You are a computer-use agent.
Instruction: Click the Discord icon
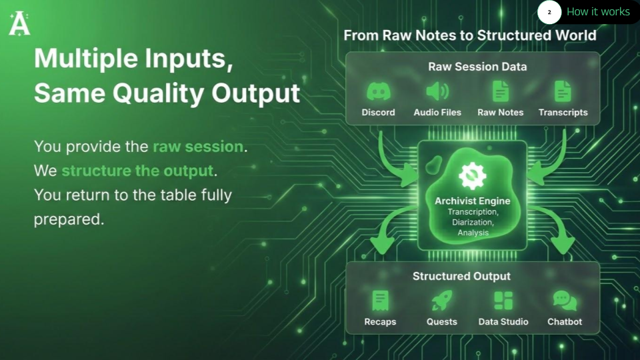click(379, 91)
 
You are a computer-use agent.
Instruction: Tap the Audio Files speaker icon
click(437, 91)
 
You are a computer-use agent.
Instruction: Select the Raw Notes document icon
click(500, 91)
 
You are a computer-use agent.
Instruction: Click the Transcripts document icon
click(563, 91)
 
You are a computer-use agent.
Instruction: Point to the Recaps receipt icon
click(380, 301)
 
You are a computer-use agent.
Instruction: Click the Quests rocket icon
click(441, 301)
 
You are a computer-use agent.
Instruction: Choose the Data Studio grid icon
click(503, 301)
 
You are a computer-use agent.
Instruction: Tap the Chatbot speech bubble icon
click(565, 301)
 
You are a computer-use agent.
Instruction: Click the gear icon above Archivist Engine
click(473, 175)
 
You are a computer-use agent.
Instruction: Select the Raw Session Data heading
click(477, 67)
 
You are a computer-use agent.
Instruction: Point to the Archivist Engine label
click(472, 201)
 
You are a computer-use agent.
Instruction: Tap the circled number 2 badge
click(549, 13)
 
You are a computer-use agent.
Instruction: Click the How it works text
click(598, 12)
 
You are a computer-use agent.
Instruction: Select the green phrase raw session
click(197, 146)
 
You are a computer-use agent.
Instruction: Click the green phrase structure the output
click(137, 171)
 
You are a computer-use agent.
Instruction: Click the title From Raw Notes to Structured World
click(469, 35)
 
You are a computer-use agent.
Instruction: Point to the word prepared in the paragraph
click(69, 219)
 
